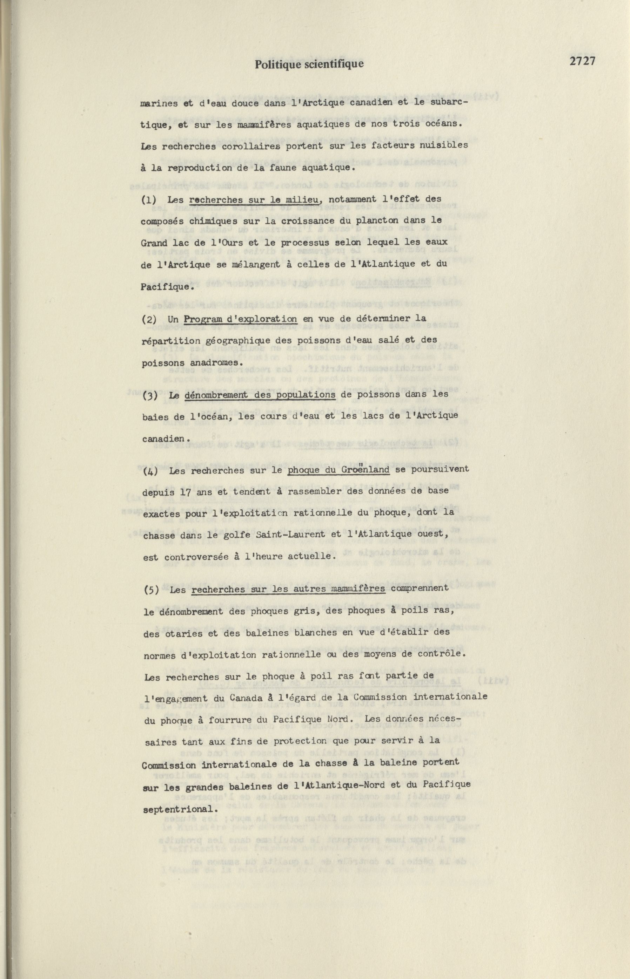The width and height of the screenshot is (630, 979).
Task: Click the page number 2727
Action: (582, 61)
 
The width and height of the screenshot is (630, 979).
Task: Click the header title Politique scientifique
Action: (309, 64)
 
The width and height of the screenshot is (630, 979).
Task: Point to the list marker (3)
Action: (150, 396)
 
